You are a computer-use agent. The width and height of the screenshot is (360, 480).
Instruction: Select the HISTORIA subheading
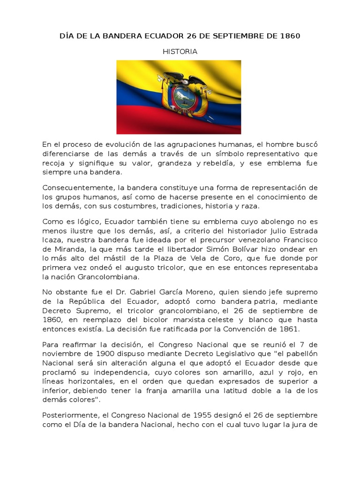coord(180,52)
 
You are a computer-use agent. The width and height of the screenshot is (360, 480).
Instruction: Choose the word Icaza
coord(52,240)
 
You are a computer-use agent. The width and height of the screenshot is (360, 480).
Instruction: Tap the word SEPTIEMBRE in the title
coord(230,36)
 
